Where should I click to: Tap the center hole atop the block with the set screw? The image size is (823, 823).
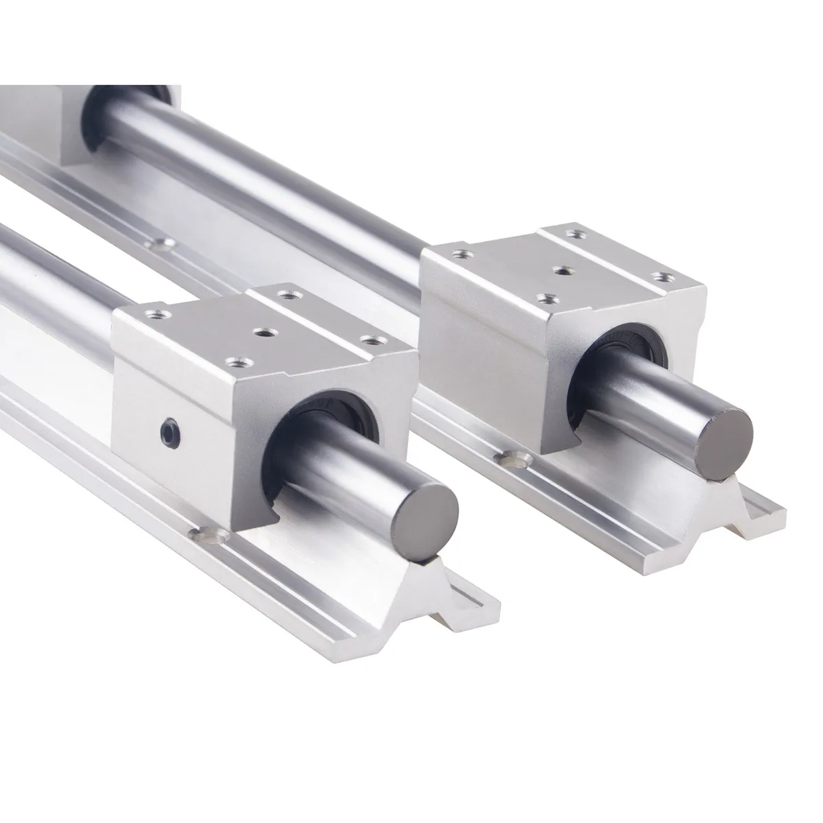pyautogui.click(x=261, y=333)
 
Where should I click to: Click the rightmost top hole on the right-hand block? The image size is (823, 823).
pyautogui.click(x=662, y=276)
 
